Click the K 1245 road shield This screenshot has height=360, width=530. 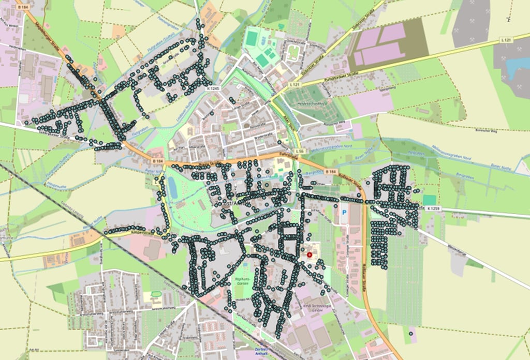(214, 88)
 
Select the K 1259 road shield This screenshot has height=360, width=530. (434, 208)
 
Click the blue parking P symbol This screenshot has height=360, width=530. (344, 213)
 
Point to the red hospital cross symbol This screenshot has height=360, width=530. (310, 254)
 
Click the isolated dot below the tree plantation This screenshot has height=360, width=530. (410, 334)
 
